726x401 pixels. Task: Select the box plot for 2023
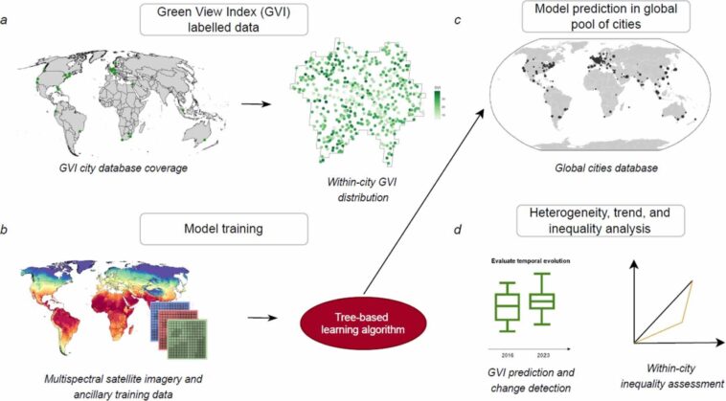click(x=542, y=300)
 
